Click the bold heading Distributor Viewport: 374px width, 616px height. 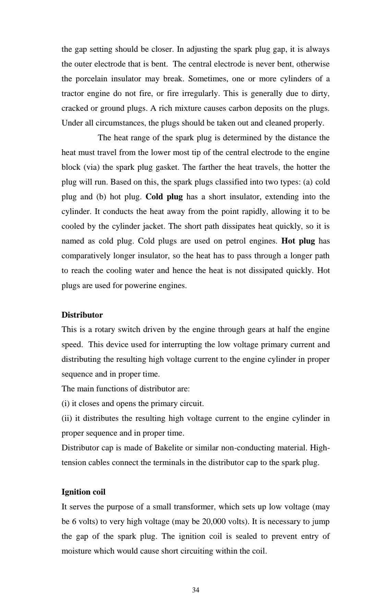pyautogui.click(x=82, y=315)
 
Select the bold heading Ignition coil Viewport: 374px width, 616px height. pyautogui.click(x=83, y=492)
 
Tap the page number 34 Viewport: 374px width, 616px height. pyautogui.click(x=196, y=590)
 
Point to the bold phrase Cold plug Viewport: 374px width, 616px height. pyautogui.click(x=164, y=197)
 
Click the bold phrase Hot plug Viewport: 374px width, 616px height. pyautogui.click(x=298, y=241)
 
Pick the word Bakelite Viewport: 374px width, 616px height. pyautogui.click(x=169, y=448)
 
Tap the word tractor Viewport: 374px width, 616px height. pyautogui.click(x=72, y=94)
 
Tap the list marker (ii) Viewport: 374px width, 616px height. pyautogui.click(x=67, y=418)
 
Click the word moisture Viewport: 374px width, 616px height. pyautogui.click(x=76, y=551)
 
